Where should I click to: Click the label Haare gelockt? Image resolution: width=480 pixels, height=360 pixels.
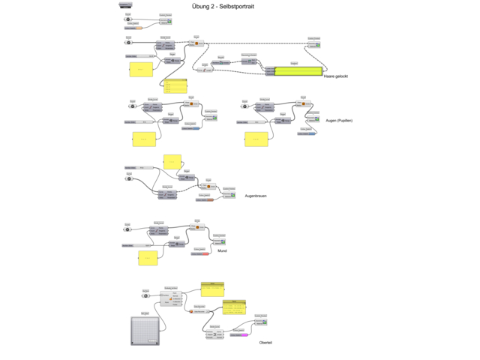[x=335, y=76]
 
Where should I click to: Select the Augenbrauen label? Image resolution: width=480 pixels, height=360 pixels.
[x=256, y=196]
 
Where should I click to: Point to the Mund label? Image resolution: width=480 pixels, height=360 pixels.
[x=222, y=250]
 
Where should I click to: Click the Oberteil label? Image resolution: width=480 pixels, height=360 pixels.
[x=265, y=342]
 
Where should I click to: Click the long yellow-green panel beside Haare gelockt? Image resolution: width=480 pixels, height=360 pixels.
[x=298, y=70]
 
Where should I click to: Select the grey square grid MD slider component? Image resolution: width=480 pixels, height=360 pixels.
[x=145, y=330]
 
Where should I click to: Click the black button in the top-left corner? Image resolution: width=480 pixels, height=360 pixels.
[x=124, y=5]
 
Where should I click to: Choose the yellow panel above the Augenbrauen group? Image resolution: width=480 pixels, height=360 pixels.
[x=172, y=160]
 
